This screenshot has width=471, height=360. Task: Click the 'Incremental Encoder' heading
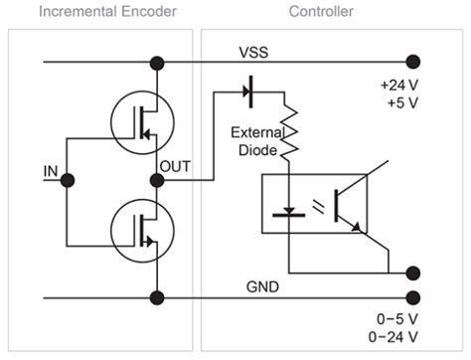[95, 12]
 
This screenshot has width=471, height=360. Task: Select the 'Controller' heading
[319, 12]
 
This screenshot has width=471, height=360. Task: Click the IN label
[50, 171]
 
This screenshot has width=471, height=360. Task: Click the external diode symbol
[249, 93]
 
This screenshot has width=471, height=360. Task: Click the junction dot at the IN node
[68, 180]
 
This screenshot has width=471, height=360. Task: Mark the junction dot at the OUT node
[156, 180]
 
